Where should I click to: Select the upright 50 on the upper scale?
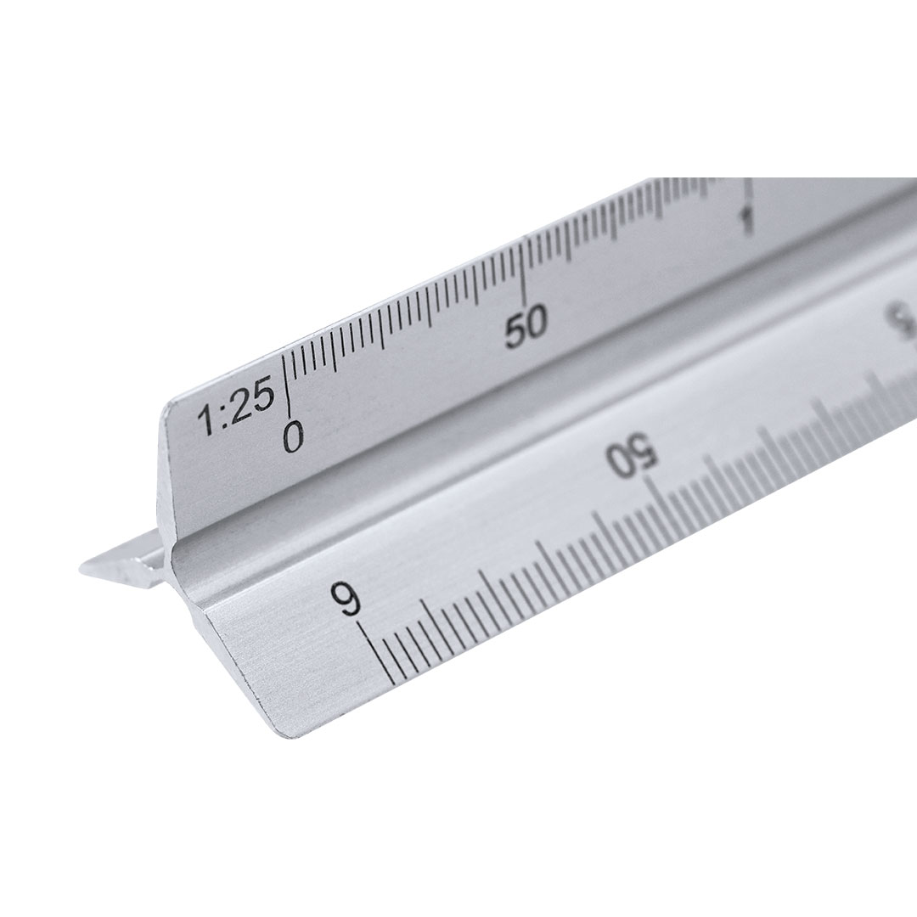[x=526, y=326]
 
